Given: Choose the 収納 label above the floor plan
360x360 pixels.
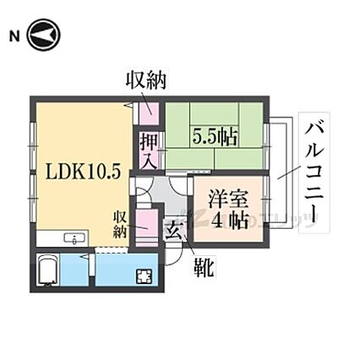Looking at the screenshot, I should tap(145, 82).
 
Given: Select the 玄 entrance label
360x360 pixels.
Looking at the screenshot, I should tap(173, 231).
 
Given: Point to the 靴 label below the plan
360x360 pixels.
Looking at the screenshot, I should tap(205, 269).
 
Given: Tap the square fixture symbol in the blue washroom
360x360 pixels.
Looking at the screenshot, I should tap(143, 275).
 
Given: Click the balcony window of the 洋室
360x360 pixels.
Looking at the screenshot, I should tap(265, 203).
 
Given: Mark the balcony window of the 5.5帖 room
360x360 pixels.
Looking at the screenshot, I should tap(265, 139).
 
